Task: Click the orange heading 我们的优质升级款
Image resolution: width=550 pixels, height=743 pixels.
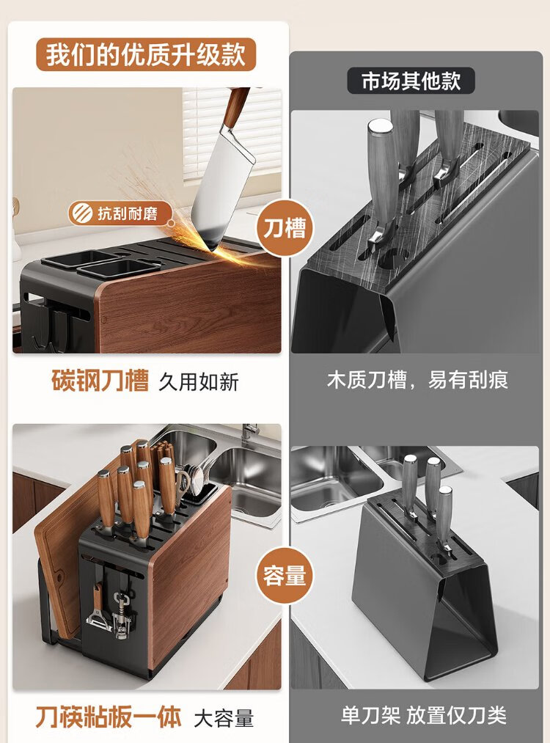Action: coord(146,54)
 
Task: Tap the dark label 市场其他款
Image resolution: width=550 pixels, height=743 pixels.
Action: coord(411,81)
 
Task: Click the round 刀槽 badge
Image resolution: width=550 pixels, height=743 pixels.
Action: coord(285,228)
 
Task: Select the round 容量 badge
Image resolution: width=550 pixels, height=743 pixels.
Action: coord(285,575)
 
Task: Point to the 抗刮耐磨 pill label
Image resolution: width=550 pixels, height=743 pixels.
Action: coord(120,213)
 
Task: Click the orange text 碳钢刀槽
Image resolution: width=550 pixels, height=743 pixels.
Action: coord(100,381)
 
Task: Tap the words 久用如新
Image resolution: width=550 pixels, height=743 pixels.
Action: coord(199,382)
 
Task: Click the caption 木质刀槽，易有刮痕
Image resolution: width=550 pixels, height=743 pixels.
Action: coord(417,380)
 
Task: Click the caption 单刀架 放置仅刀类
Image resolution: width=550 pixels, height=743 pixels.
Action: coord(424,715)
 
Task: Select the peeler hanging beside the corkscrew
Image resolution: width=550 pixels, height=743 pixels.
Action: coord(98,610)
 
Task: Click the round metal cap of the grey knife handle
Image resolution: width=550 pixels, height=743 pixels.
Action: coord(380,127)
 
